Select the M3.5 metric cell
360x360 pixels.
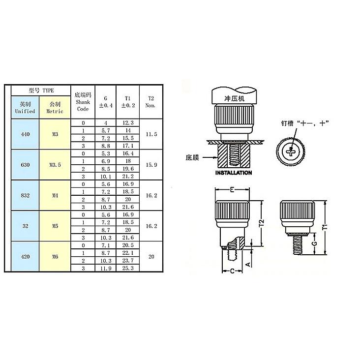point(55,165)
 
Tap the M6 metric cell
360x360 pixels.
point(55,256)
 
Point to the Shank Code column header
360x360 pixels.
point(83,101)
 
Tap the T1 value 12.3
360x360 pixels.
point(128,122)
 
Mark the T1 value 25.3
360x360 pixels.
point(128,268)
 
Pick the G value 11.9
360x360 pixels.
point(104,268)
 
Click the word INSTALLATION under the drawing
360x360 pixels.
point(234,173)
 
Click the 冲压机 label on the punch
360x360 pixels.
point(234,99)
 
